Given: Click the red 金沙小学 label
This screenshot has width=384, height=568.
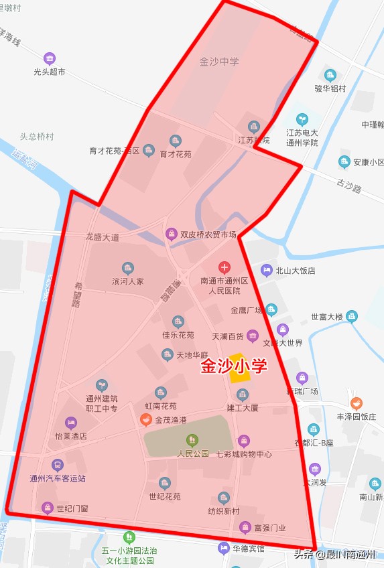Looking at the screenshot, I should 234,366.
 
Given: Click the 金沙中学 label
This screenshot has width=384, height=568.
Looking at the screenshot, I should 219,62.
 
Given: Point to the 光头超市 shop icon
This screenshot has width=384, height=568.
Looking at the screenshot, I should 49,58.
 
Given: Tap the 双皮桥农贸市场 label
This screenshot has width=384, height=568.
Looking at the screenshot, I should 208,234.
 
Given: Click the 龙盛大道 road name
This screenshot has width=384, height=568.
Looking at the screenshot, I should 102,237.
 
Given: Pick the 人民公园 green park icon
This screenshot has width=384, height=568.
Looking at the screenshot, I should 192,440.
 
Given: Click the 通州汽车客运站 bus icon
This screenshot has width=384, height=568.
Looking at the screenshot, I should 58,465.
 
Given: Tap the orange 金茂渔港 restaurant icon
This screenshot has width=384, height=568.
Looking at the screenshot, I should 145,420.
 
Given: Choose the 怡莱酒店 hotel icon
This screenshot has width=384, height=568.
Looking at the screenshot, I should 70,423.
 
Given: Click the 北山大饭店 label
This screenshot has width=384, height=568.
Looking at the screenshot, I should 296,271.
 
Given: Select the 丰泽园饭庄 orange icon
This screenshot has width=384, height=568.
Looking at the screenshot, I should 356,403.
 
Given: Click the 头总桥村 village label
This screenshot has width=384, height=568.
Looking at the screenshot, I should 36,136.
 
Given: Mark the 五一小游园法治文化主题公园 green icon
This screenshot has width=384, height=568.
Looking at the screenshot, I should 129,537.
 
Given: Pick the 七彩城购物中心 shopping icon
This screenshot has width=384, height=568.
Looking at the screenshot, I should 243,440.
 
